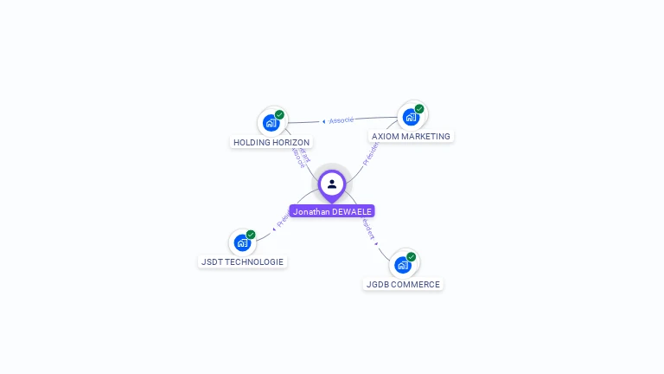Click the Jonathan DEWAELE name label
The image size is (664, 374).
click(x=332, y=211)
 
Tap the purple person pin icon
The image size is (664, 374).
click(x=332, y=184)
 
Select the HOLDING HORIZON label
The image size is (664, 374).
click(x=271, y=142)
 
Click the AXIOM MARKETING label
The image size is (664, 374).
click(x=411, y=136)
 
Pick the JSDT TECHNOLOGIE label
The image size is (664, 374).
click(x=242, y=261)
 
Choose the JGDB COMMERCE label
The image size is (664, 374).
click(x=403, y=284)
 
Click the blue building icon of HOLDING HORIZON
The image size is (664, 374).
click(x=271, y=122)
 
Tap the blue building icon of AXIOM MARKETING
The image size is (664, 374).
click(x=411, y=116)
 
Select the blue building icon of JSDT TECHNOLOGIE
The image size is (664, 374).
click(x=242, y=242)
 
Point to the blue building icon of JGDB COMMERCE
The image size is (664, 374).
click(x=403, y=264)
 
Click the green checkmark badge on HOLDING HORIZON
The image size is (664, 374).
click(x=279, y=114)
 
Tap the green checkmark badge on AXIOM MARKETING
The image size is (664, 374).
click(x=419, y=109)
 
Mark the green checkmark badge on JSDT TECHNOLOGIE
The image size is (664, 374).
click(x=251, y=235)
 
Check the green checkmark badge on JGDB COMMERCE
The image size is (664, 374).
click(x=412, y=256)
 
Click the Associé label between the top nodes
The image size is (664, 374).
click(x=340, y=120)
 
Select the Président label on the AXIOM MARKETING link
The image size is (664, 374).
click(x=370, y=153)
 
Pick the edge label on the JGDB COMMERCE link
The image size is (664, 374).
click(x=369, y=229)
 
